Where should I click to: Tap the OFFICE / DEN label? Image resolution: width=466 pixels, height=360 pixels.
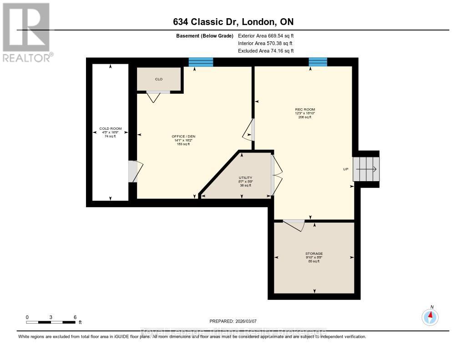[x=183, y=137]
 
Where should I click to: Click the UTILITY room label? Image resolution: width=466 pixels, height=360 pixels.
[x=246, y=177]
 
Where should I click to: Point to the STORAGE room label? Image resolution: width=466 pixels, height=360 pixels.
[x=314, y=254]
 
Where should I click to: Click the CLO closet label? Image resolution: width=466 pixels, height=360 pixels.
[x=159, y=79]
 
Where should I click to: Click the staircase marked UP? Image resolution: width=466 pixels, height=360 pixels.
[x=367, y=169]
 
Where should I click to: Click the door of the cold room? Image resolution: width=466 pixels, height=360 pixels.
[x=134, y=172]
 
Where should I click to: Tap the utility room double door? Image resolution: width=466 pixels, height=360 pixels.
[x=276, y=175]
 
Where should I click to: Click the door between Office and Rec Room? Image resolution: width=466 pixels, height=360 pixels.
[x=249, y=129]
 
